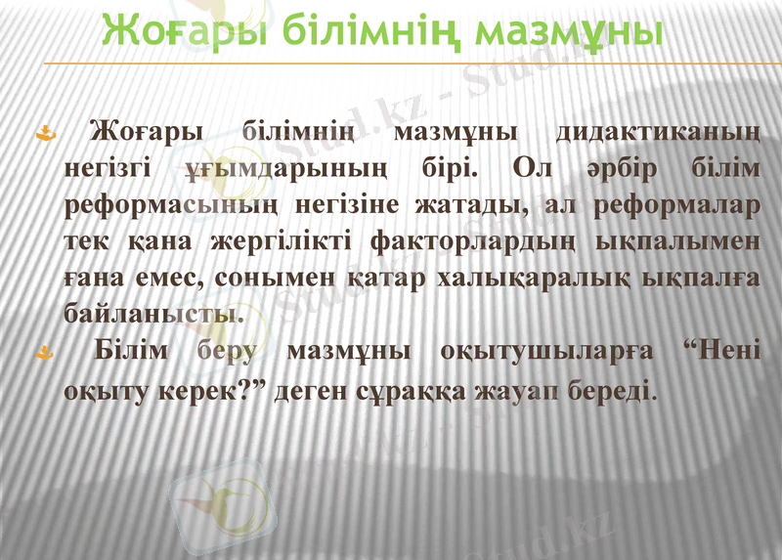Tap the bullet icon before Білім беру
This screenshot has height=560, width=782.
41,352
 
